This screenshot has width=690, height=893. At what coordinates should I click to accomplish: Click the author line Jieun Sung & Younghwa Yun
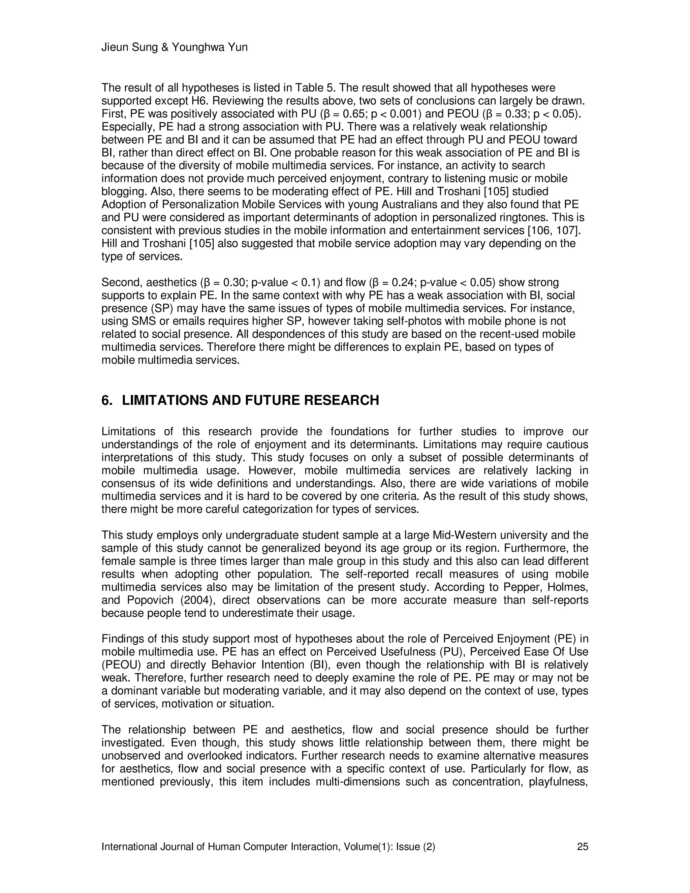[x=174, y=48]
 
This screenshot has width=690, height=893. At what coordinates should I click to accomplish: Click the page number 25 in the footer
[x=583, y=847]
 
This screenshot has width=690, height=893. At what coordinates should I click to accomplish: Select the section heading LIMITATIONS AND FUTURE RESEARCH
[x=250, y=400]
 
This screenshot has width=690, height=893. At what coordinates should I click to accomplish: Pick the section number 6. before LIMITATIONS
[x=107, y=400]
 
